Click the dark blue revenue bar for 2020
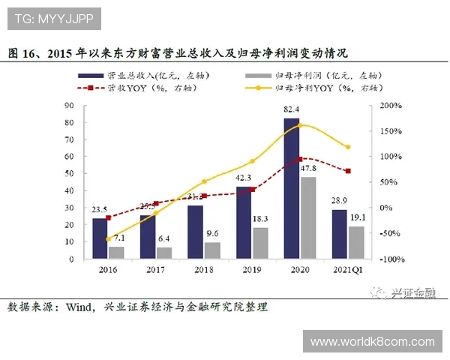click(291, 188)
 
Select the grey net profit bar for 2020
click(307, 217)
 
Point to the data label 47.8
click(308, 169)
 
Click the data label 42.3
click(244, 178)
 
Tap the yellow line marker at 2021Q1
click(347, 147)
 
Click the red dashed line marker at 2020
click(299, 159)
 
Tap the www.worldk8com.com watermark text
click(372, 342)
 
